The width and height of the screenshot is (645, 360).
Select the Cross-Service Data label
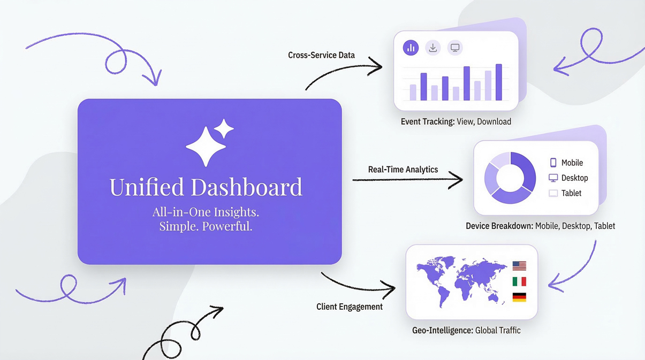[x=321, y=55]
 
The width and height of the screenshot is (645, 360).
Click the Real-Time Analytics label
[x=403, y=170]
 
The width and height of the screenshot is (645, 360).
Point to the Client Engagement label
[x=349, y=307]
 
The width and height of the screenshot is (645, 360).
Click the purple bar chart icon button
[x=411, y=48]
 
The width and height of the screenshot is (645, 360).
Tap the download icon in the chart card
[x=432, y=48]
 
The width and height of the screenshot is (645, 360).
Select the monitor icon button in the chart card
[x=454, y=48]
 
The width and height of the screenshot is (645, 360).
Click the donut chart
[x=510, y=178]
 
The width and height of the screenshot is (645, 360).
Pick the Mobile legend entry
[x=566, y=163]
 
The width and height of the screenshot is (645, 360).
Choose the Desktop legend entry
[x=568, y=178]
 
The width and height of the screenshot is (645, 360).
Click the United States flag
[x=519, y=265]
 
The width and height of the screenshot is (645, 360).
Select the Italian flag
[x=519, y=281]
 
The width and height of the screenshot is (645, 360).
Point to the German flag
[x=519, y=297]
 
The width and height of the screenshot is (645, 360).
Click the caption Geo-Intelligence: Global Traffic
[x=466, y=331]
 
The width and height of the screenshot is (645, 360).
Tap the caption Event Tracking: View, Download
[x=456, y=122]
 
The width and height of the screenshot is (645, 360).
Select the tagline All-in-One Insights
[x=206, y=212]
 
